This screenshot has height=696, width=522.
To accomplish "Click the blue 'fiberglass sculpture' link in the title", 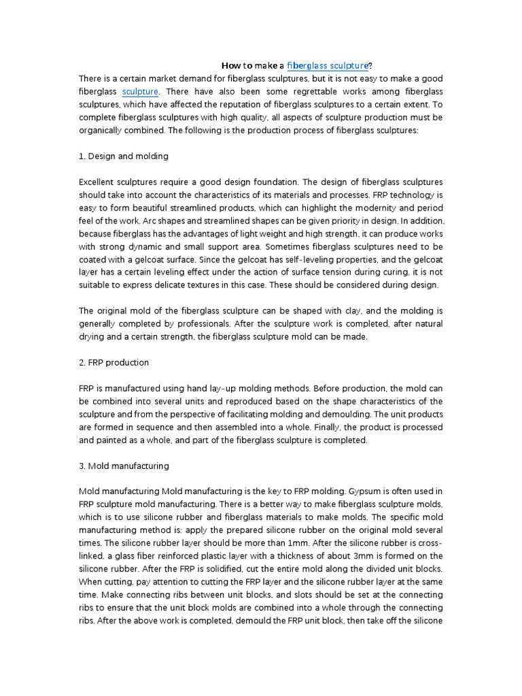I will coord(327,66).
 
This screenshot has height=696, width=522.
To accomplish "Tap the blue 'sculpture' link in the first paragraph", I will coord(140,91).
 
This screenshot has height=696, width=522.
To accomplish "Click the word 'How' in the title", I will coord(231,66).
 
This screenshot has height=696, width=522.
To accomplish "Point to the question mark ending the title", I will coord(370,66).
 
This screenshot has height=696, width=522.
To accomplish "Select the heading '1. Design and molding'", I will coord(123,156).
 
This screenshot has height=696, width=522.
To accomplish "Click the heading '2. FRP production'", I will coord(114,363).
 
